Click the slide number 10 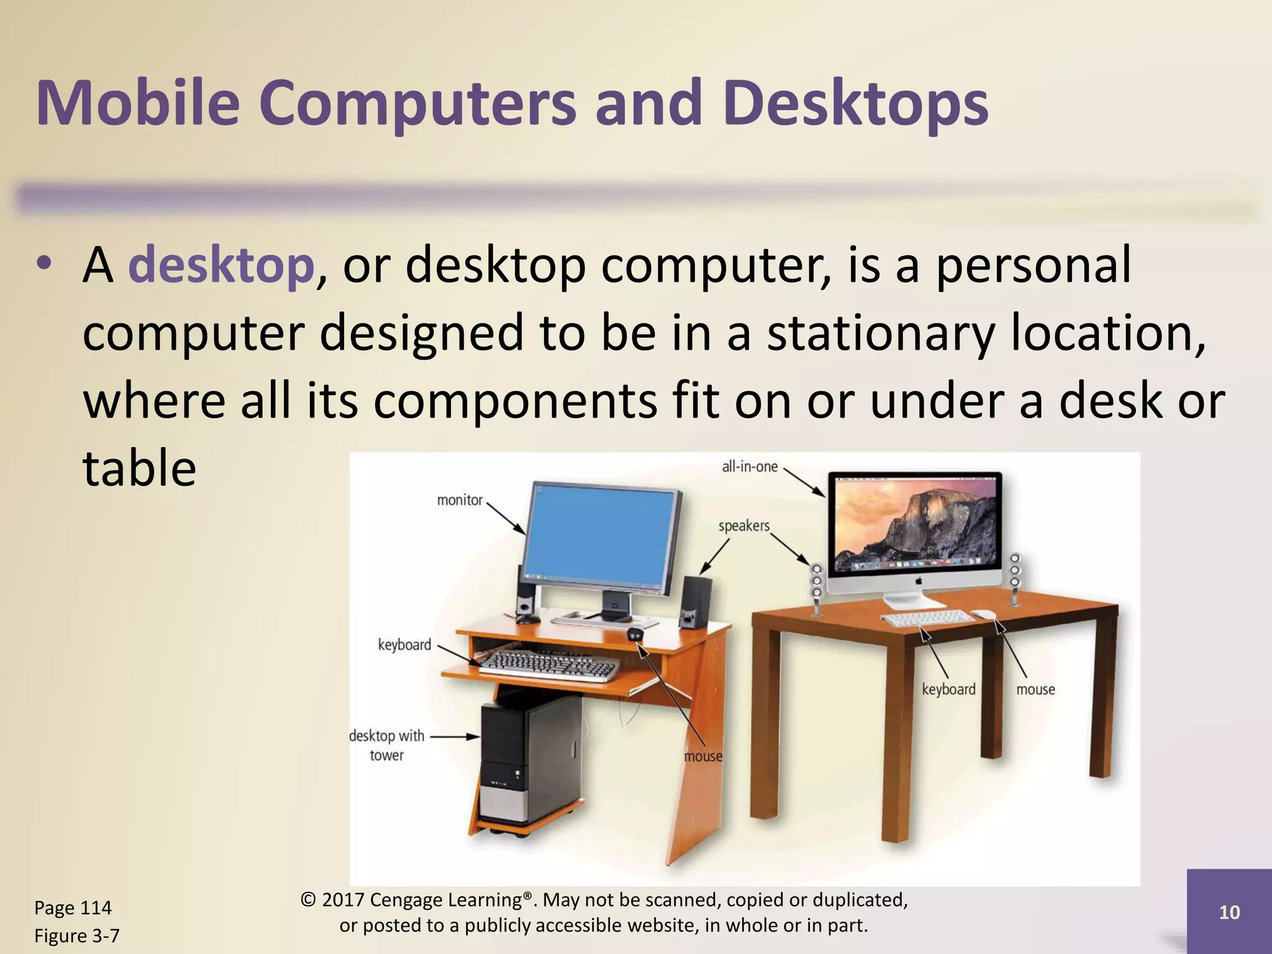(x=1229, y=912)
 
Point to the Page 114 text (x=73, y=907)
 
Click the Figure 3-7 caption (x=76, y=935)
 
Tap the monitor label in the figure (x=460, y=500)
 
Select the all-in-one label (x=749, y=466)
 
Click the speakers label (x=743, y=526)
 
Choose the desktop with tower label (x=386, y=745)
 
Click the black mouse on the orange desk (x=634, y=634)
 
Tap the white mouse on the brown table (x=984, y=614)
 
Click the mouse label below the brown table (x=1035, y=689)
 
